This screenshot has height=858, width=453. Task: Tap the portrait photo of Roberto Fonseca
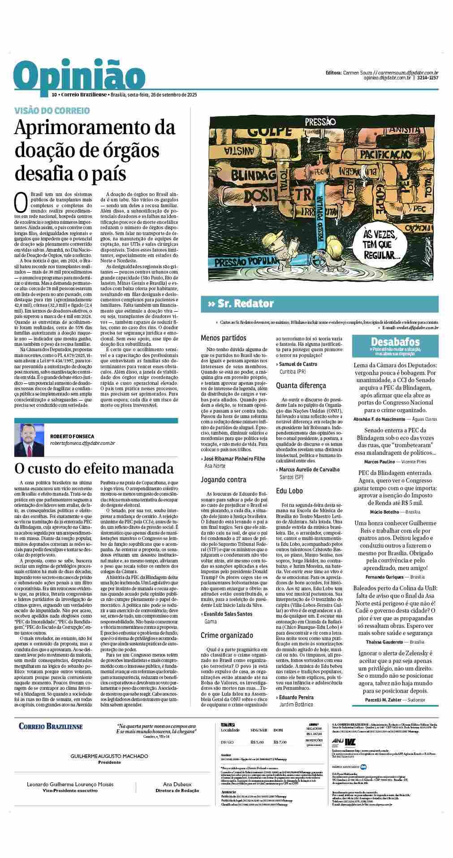point(29,440)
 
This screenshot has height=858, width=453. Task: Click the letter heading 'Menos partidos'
point(224,338)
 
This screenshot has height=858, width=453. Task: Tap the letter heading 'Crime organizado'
point(227,635)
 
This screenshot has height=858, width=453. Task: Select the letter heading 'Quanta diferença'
point(301,385)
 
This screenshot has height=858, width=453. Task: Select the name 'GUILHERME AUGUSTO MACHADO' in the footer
point(109,756)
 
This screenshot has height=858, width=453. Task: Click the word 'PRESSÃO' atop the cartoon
point(320,121)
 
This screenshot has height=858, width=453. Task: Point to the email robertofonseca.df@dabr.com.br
point(83,443)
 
